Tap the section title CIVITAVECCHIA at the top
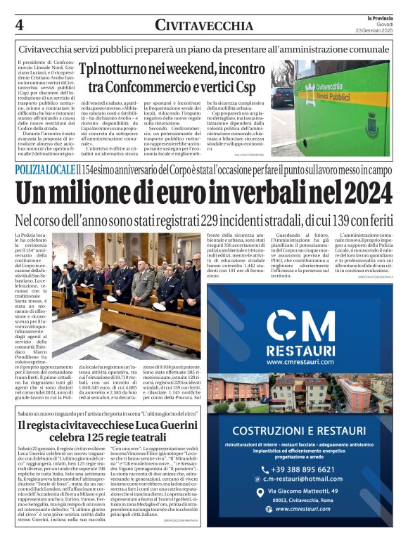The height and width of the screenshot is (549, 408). pos(204,26)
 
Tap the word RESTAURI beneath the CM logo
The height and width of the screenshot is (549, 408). pos(301,350)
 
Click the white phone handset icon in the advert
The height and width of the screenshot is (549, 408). pos(264,470)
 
